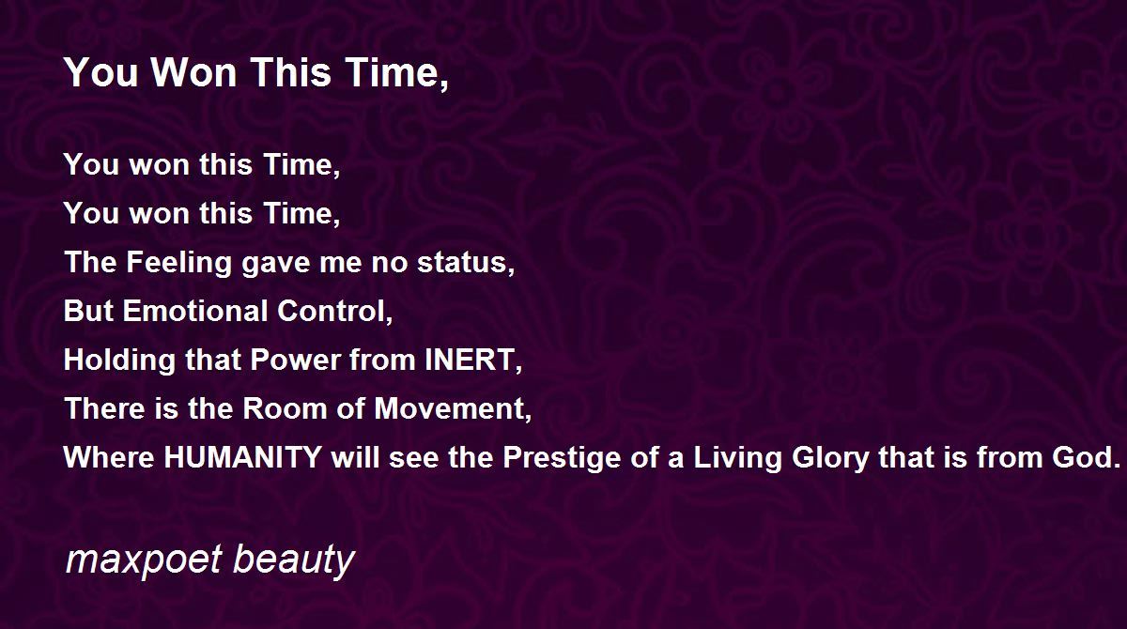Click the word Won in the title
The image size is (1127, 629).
pos(193,72)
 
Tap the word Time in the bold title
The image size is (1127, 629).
pos(396,74)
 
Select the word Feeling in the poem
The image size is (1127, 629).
pos(178,264)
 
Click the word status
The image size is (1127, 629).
pos(466,263)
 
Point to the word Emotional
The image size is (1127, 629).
pos(195,311)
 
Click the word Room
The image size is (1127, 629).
pos(286,408)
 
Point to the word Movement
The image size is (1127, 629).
pos(453,409)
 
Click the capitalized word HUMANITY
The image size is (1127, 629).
pos(243,457)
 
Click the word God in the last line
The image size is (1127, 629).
pos(1086,457)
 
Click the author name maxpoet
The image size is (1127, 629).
pos(144,560)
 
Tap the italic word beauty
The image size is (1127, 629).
pos(294,560)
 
